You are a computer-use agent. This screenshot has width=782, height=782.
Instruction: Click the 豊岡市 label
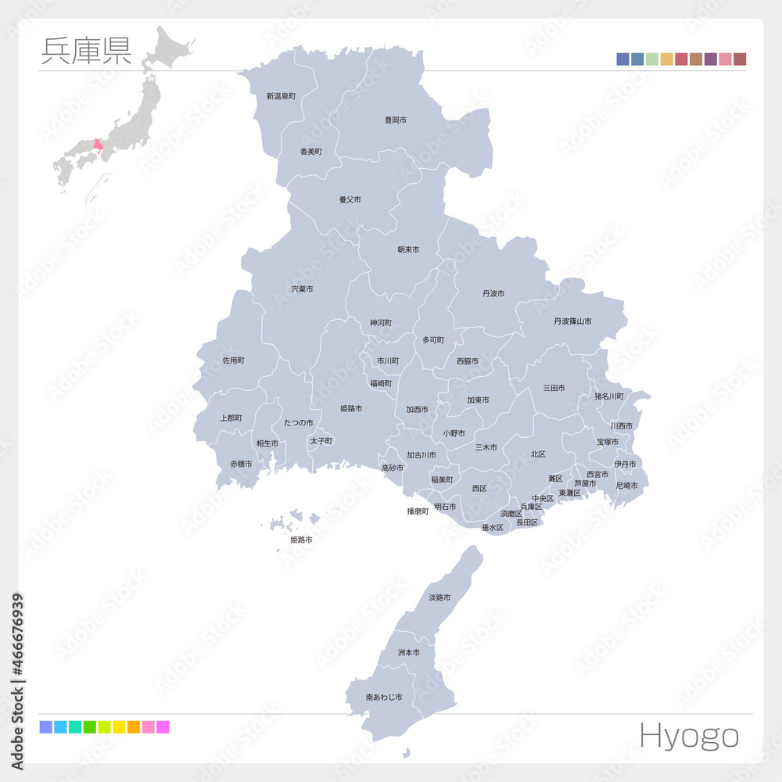395,120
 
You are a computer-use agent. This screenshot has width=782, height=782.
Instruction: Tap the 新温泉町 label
281,96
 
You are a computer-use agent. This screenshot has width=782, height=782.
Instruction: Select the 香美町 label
310,151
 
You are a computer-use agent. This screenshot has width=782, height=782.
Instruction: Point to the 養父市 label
350,199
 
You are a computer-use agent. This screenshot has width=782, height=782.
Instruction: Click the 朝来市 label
407,249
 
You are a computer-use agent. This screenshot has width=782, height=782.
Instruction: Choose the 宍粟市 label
302,289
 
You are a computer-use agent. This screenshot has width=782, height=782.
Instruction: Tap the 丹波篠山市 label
572,321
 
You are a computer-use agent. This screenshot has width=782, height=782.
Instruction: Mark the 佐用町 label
233,361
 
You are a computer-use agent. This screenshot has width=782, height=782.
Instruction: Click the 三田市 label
554,387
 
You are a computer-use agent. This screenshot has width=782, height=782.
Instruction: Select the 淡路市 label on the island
439,597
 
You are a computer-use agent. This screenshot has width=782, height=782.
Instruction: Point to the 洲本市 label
408,652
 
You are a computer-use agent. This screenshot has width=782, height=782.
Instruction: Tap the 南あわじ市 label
383,697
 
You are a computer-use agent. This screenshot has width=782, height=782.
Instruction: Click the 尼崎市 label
626,486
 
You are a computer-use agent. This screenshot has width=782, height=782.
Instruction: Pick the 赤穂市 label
241,464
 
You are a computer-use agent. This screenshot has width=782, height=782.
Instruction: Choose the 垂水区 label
492,528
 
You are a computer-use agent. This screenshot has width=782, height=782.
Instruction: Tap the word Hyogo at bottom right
688,735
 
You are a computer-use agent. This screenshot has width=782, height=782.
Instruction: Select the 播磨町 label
418,511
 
